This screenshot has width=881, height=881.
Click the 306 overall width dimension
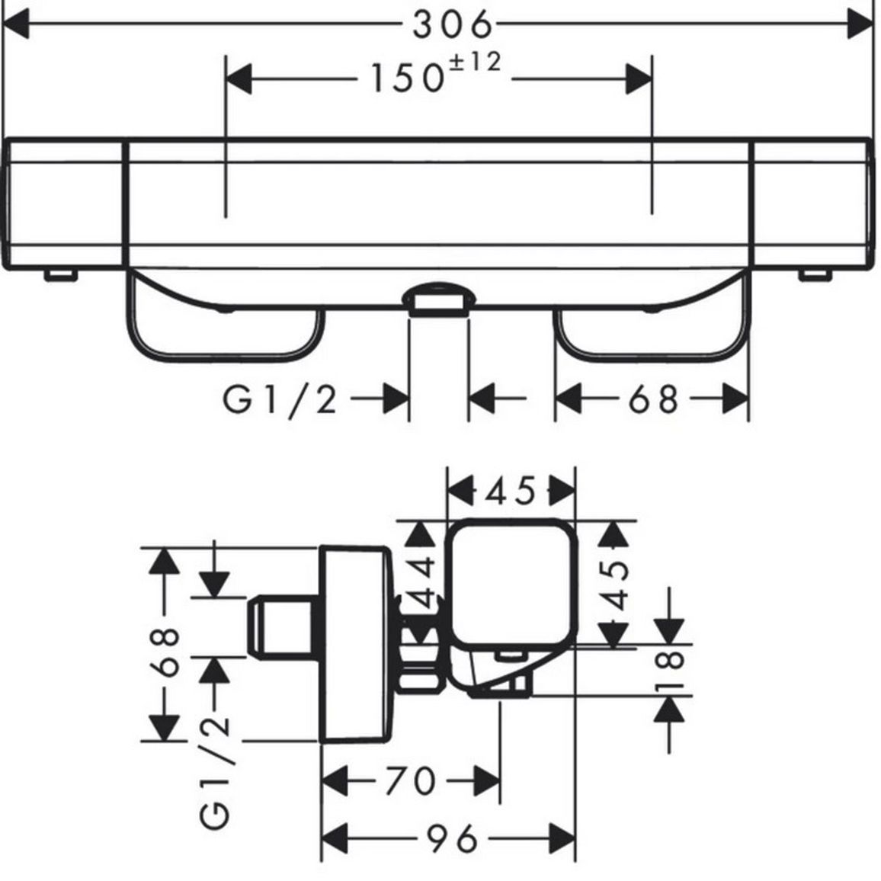coord(452,25)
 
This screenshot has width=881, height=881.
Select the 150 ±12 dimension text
coord(435,72)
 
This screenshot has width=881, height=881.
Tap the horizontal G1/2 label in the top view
coord(280,400)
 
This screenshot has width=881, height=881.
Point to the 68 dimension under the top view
coord(653,399)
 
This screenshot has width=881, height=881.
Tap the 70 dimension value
coord(410,780)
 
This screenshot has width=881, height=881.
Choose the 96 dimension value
coord(452,839)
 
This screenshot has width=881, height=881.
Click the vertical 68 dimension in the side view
coord(165,652)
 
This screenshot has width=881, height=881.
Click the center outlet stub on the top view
coord(439,300)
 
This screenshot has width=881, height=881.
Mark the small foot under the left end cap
coord(60,274)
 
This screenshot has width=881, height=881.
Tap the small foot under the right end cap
coord(815,274)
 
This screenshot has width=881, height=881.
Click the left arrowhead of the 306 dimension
coord(16,24)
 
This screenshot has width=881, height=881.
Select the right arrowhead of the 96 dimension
coord(562,839)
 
